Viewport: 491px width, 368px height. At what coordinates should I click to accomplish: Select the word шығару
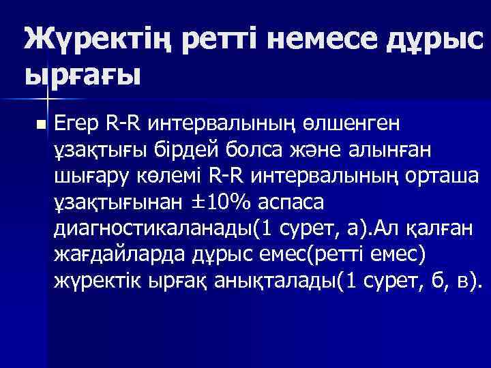point(89,176)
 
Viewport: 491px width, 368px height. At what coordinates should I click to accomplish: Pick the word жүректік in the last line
point(97,279)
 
